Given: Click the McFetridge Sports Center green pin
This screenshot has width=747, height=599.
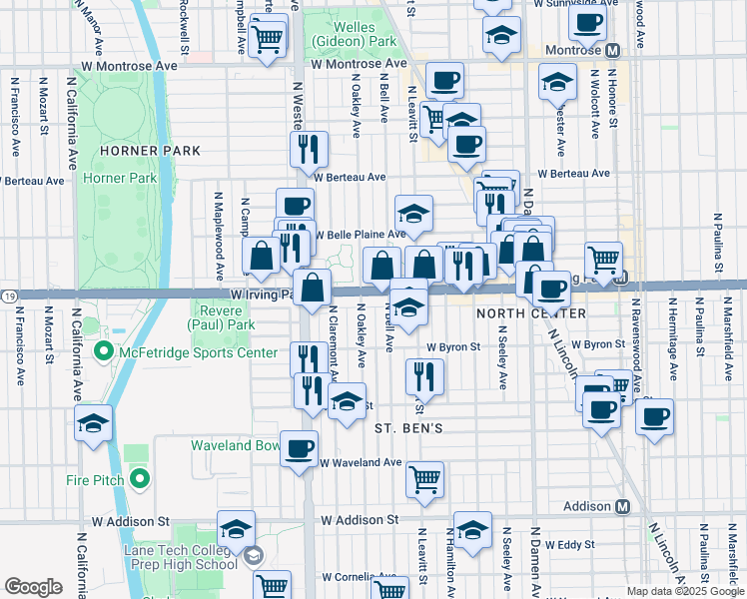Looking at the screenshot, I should point(103,352).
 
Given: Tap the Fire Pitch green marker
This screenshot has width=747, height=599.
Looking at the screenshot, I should point(139,480).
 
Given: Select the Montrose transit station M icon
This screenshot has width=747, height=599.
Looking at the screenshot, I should point(612,49).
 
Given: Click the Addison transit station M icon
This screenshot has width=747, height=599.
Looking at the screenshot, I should point(622,506).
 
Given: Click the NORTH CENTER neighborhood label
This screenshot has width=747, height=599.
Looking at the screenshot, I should point(531,313).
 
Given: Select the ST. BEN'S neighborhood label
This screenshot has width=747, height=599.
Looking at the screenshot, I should point(408,428).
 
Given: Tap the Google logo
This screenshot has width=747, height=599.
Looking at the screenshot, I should point(33,587).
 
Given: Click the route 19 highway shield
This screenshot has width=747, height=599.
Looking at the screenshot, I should point(7,296).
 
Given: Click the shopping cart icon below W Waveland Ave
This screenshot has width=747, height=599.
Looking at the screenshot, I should point(425,479).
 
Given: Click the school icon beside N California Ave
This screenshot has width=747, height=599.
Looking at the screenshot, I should point(93,424).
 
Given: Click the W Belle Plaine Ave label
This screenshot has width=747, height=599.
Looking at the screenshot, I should point(361,235).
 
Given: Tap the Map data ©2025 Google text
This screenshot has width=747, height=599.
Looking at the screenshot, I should point(685,591).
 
